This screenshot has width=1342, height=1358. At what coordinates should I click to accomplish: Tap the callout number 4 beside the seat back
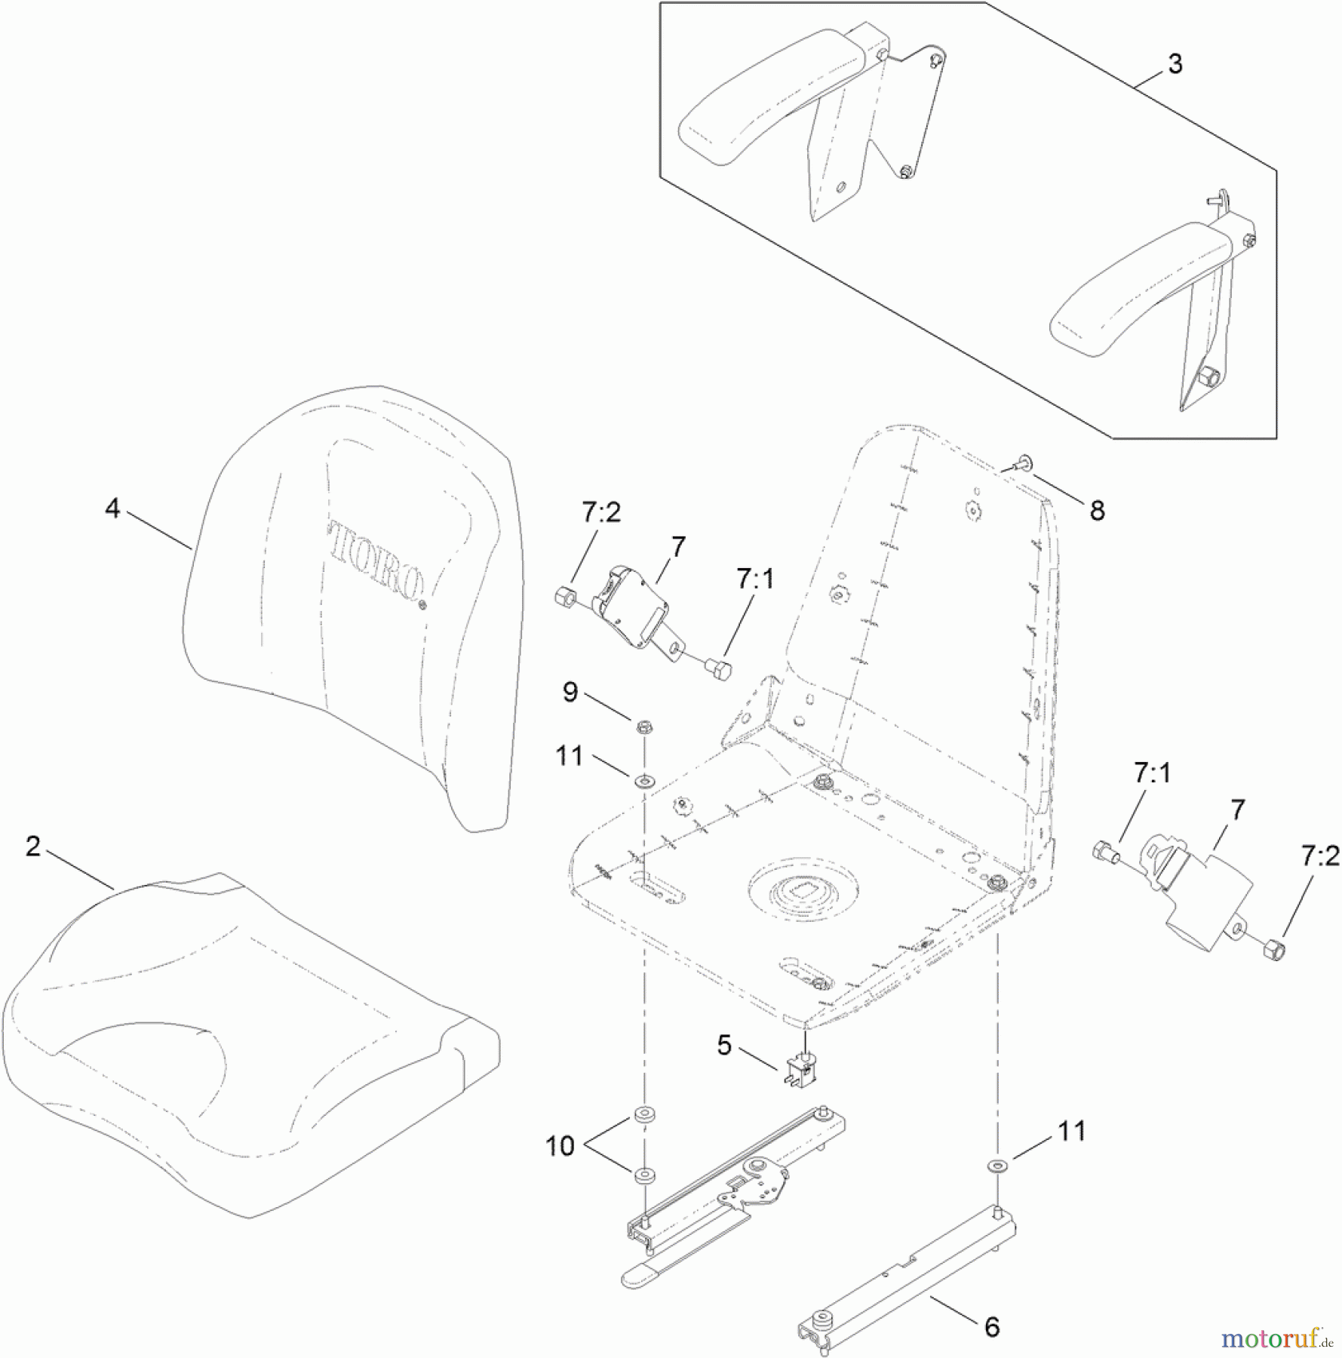click(112, 508)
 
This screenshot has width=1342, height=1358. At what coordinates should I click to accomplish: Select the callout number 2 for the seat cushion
click(32, 846)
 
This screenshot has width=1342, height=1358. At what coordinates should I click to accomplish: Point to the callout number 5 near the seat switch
click(724, 1046)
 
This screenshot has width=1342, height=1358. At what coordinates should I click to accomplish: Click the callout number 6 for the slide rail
click(992, 1327)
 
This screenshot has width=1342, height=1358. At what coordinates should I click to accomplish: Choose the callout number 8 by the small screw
click(1097, 512)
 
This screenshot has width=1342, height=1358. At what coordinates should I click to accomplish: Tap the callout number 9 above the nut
click(570, 693)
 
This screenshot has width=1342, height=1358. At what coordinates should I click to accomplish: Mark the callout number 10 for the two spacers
click(560, 1146)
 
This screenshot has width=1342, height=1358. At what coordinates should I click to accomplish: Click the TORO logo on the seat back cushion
click(375, 561)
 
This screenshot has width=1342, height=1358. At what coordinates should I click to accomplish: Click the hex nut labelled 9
click(644, 727)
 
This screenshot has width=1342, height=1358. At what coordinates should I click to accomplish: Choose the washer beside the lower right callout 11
click(998, 1166)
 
